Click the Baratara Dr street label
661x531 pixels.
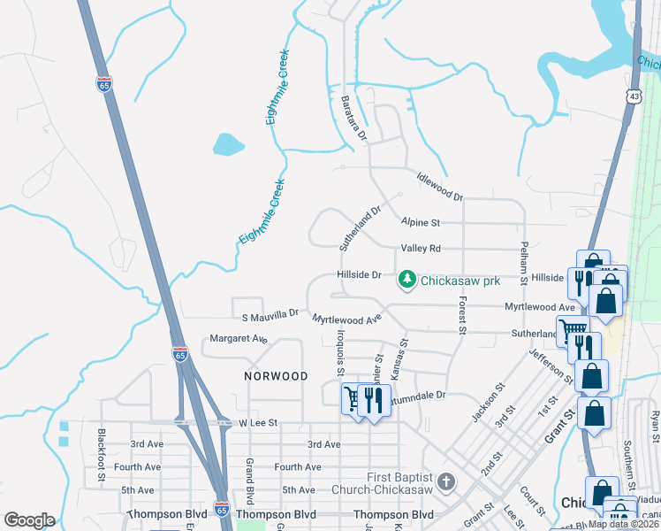(x=353, y=119)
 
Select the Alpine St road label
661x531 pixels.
(x=420, y=223)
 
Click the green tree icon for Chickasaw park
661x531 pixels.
(x=407, y=281)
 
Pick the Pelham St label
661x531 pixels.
(x=524, y=262)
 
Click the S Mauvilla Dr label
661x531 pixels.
(x=270, y=315)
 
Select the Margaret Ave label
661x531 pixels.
(x=238, y=339)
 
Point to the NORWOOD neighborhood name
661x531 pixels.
(x=276, y=376)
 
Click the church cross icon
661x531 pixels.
(x=446, y=482)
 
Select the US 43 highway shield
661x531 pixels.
(x=634, y=96)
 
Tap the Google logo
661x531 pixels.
(x=29, y=520)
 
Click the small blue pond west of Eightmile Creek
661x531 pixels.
(x=227, y=143)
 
